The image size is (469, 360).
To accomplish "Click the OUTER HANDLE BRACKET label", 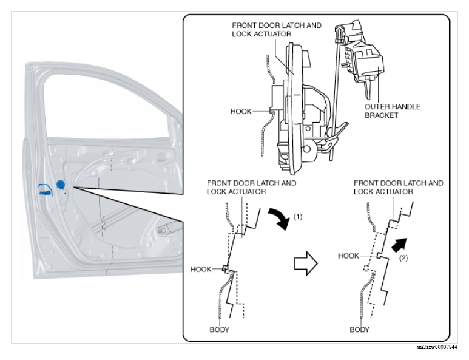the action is coord(393,111).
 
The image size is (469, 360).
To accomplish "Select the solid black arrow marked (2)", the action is coord(399,245).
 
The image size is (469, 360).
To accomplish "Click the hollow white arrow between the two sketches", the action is coord(305,263).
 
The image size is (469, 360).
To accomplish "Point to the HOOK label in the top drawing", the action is coord(241,112).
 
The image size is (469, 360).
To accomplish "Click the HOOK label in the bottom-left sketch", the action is coord(201,270).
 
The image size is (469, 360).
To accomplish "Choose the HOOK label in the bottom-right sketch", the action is coord(348,256).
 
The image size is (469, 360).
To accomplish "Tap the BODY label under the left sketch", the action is coord(219,330).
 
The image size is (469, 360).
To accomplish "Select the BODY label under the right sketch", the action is coord(359,330).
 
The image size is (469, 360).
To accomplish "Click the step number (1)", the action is coord(298,217).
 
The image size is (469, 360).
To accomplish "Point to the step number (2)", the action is coord(403,258).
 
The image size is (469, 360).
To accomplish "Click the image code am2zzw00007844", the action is coord(437,347).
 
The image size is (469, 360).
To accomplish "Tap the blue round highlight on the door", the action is coord(61,185).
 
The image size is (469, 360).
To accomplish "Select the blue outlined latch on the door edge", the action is coord(45,191).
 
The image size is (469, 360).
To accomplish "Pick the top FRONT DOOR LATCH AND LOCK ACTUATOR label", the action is coord(277,30).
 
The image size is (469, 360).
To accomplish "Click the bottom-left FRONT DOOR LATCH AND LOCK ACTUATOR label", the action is coord(252,188).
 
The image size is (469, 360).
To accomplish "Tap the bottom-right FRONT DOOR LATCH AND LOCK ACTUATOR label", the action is coord(399,188).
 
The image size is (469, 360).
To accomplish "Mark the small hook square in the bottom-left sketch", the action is coord(224,268).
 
